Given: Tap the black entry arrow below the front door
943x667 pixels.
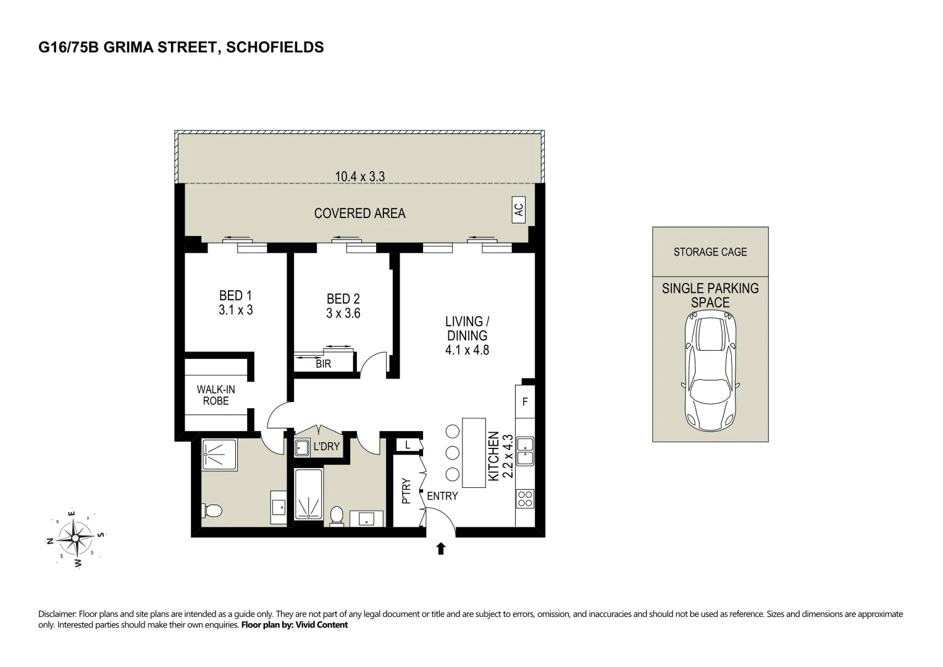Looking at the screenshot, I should [441, 548].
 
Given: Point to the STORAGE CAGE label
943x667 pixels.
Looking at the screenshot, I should [710, 252].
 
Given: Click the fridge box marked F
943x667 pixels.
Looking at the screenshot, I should [525, 402].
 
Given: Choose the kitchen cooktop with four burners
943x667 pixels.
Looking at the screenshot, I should [525, 498].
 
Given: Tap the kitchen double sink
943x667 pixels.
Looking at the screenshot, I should [525, 451].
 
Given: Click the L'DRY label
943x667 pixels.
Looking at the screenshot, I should [327, 446].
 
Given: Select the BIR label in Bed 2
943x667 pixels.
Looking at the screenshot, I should [323, 364].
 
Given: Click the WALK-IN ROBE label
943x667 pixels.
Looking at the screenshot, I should [216, 395].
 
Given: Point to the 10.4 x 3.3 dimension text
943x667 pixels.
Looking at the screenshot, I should [360, 177].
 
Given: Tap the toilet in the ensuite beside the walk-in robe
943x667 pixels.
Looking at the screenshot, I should [212, 511].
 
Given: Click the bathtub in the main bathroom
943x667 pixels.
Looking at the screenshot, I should [308, 494].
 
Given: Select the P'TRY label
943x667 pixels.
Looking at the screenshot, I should [406, 492].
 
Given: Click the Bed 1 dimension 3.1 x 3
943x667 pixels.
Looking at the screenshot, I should [235, 310].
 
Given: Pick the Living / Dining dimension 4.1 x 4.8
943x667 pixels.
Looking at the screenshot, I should [467, 350].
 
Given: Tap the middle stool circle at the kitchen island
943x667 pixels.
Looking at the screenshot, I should [452, 453].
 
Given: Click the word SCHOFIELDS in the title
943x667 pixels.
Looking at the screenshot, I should [275, 48].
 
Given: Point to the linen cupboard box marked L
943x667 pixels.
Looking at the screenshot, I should [408, 445].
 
